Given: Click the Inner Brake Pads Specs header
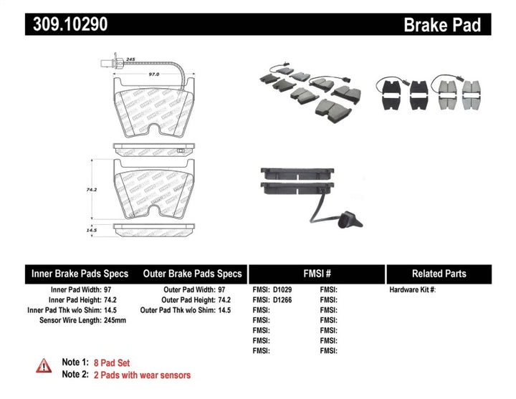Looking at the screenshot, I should pyautogui.click(x=80, y=274).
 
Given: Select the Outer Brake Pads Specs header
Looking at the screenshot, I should pyautogui.click(x=192, y=274).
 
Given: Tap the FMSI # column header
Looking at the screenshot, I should pyautogui.click(x=316, y=274).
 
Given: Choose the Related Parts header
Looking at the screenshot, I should pyautogui.click(x=439, y=274).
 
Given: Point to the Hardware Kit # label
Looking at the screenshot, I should pyautogui.click(x=412, y=290).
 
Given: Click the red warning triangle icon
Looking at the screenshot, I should pyautogui.click(x=44, y=367).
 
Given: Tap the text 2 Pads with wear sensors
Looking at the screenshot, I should pyautogui.click(x=148, y=375).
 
